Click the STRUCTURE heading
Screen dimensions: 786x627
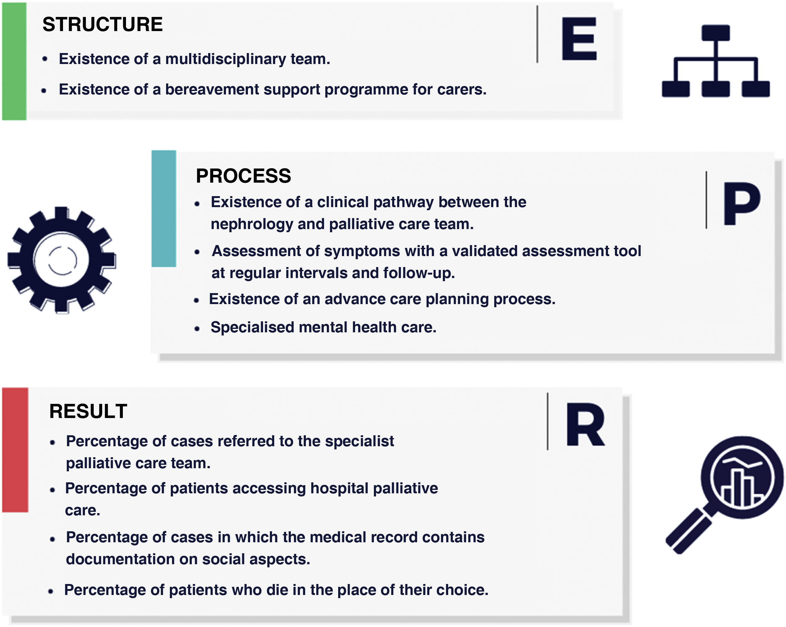pyautogui.click(x=102, y=24)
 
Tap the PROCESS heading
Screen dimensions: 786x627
pyautogui.click(x=243, y=176)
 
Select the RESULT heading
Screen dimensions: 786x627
pyautogui.click(x=88, y=411)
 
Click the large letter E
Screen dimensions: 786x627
pyautogui.click(x=579, y=39)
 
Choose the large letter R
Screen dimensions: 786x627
pyautogui.click(x=585, y=425)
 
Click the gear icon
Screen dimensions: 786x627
pyautogui.click(x=62, y=260)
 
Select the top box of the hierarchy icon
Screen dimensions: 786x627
pyautogui.click(x=715, y=33)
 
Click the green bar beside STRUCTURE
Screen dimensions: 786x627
pyautogui.click(x=14, y=61)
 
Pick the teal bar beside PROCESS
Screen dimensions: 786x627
pyautogui.click(x=164, y=208)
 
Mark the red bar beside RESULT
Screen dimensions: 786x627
pyautogui.click(x=15, y=450)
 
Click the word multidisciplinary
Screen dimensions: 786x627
pyautogui.click(x=226, y=59)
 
